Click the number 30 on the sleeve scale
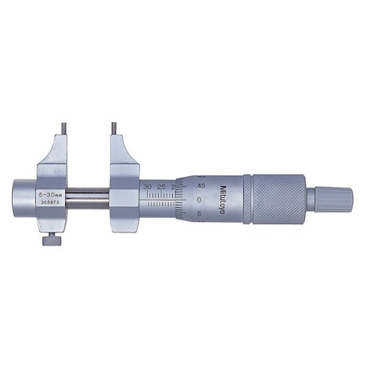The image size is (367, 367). point(147,187)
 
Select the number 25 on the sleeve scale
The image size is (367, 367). point(161,187)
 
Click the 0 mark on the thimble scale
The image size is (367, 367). point(200,199)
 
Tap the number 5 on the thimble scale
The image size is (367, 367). point(201,214)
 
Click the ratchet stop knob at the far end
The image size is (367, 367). point(334,197)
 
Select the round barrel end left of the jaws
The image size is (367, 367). point(21,196)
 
